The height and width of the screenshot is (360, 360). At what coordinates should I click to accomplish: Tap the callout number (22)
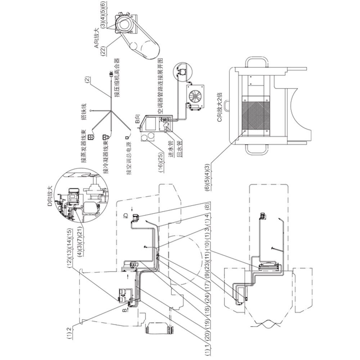(103, 50)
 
